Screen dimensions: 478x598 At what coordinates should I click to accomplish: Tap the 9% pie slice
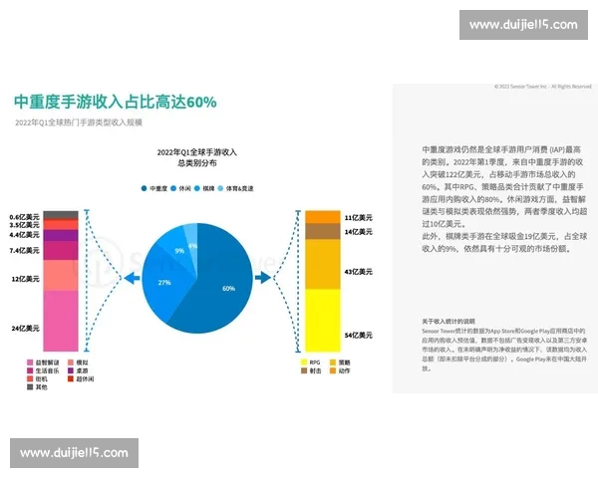(179, 251)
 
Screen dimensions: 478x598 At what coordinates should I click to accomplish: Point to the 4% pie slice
(192, 244)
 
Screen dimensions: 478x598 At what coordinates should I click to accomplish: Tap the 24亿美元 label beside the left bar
(25, 328)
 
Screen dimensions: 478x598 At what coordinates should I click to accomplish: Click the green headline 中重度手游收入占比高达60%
(115, 102)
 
